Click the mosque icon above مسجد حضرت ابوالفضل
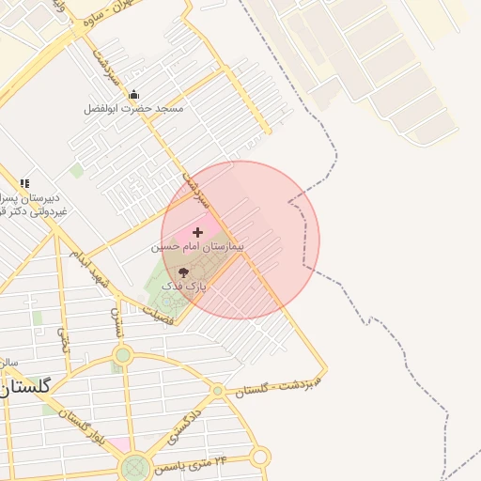tap(133, 94)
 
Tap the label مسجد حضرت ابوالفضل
tap(133, 109)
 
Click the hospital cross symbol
tap(197, 231)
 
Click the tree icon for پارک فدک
tap(182, 272)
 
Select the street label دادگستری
tap(185, 425)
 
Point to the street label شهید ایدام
tap(95, 271)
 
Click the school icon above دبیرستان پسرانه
tap(24, 183)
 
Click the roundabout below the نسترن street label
tap(122, 355)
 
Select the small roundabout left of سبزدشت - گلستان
tap(218, 390)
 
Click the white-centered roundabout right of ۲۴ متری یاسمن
tap(260, 457)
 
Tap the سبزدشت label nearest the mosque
tap(102, 63)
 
